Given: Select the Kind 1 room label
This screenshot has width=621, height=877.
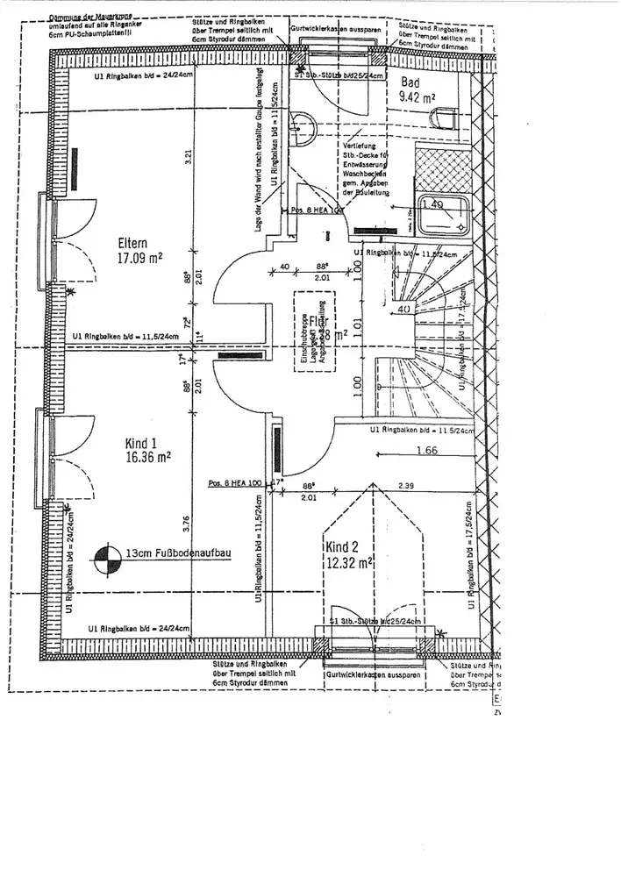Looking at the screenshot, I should [141, 442].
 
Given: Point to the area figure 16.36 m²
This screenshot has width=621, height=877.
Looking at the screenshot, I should [146, 457].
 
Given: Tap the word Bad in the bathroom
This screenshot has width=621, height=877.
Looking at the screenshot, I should [410, 82].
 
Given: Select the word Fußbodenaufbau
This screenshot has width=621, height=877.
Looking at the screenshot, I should [188, 554].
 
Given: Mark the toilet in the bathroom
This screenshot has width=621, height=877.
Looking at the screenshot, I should [445, 118].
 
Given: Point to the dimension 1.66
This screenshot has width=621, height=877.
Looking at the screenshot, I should [428, 451].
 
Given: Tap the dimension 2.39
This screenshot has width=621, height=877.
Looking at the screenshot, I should [405, 485].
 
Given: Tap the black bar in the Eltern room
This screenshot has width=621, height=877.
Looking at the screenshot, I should [75, 168].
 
